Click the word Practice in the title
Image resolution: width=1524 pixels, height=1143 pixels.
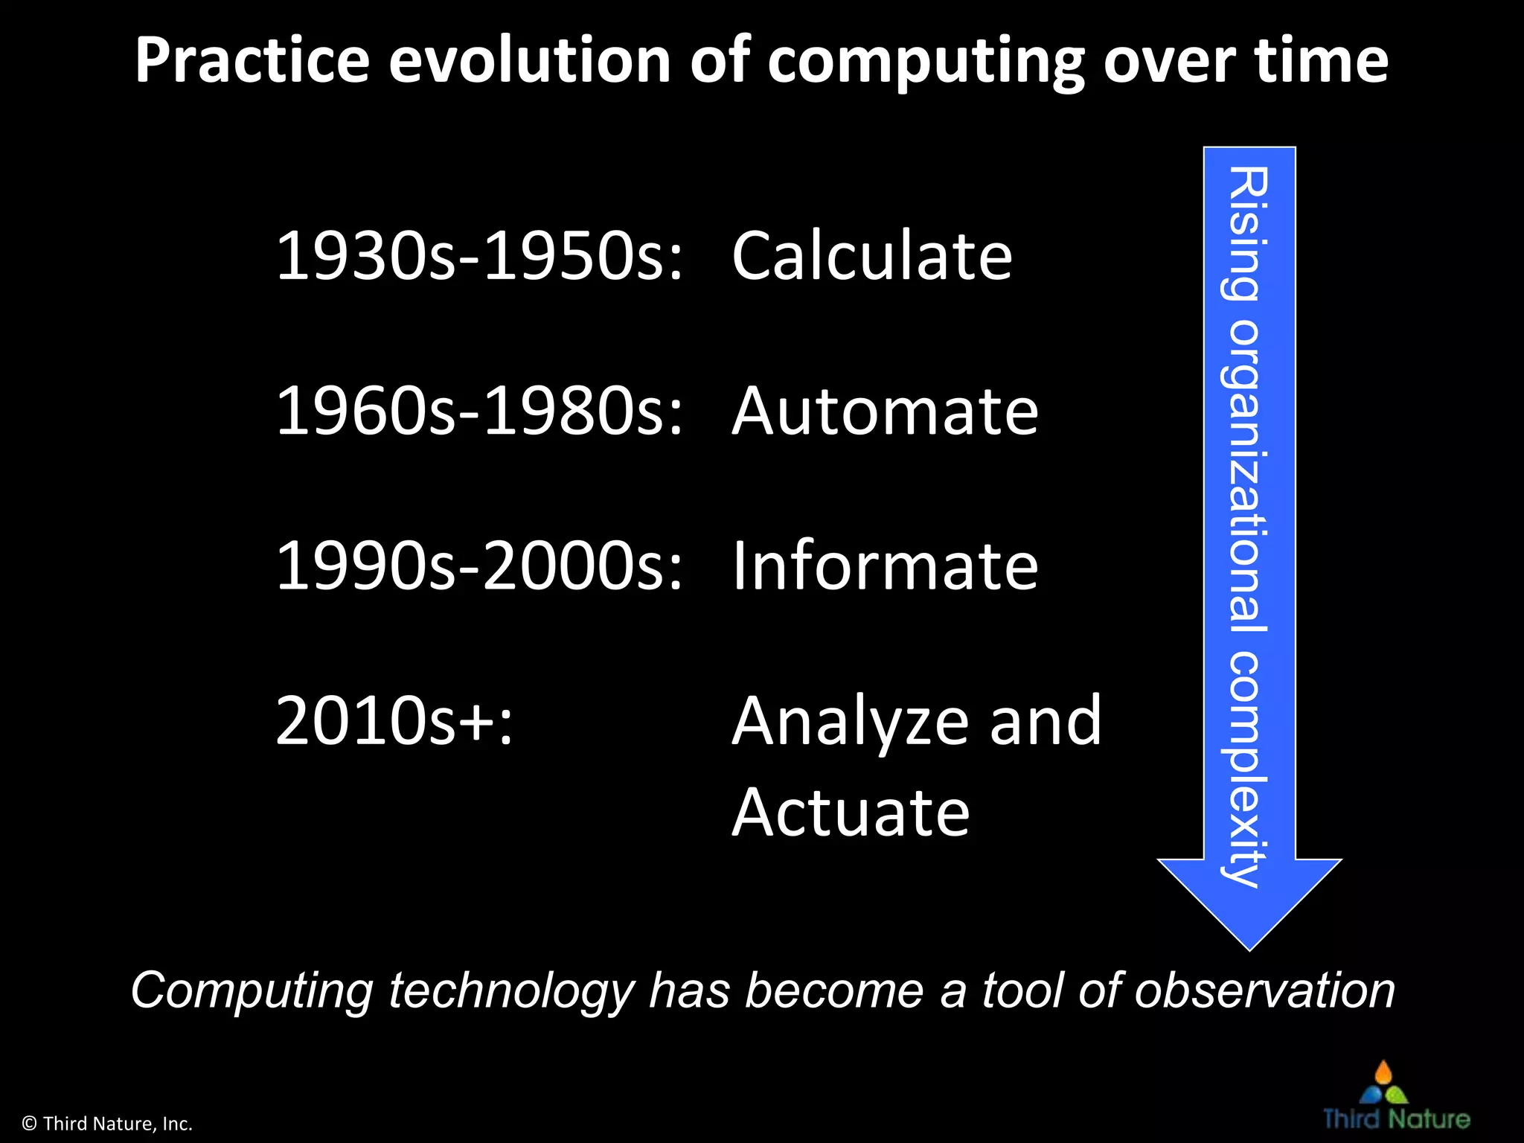[x=252, y=61]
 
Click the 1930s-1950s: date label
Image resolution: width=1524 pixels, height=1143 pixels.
[x=478, y=256]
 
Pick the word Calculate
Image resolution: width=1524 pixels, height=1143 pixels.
[x=871, y=256]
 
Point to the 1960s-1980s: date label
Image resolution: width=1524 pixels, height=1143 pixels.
[x=478, y=411]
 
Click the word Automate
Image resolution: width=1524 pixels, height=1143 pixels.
[x=884, y=411]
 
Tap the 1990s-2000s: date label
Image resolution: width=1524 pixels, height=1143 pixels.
[x=478, y=566]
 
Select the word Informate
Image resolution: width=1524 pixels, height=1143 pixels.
[x=884, y=566]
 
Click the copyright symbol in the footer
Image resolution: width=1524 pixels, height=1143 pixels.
[x=30, y=1124]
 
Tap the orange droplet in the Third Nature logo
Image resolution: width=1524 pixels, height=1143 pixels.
[x=1383, y=1072]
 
